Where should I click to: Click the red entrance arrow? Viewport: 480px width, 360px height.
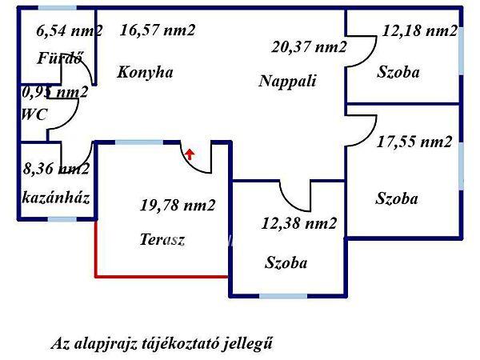190,153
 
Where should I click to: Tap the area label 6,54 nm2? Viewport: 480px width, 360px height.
70,32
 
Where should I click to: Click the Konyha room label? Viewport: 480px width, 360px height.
145,72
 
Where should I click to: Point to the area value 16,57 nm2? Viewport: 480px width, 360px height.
158,30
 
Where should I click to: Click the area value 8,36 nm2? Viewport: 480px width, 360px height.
56,169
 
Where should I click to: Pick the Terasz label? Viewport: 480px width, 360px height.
162,239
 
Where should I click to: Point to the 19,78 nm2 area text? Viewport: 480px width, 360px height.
178,206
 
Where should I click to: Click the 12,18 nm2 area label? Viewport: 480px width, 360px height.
420,32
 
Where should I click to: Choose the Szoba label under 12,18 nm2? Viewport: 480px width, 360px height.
398,72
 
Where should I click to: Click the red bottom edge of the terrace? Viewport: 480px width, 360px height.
162,276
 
